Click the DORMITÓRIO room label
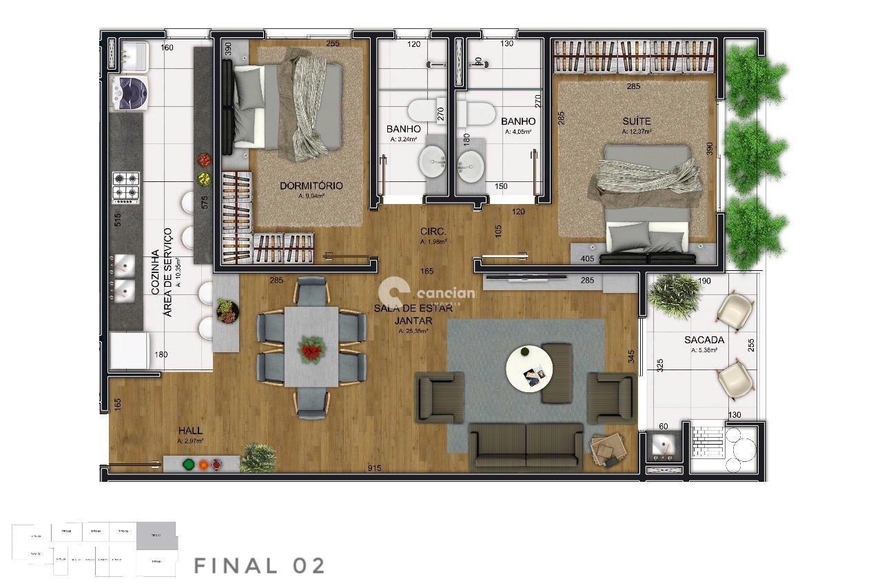pyautogui.click(x=311, y=186)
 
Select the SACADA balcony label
pyautogui.click(x=704, y=340)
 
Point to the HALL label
pyautogui.click(x=189, y=430)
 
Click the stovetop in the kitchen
pyautogui.click(x=126, y=187)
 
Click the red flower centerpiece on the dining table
pyautogui.click(x=311, y=349)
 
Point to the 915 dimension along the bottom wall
pyautogui.click(x=374, y=469)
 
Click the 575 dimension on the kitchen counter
pyautogui.click(x=204, y=202)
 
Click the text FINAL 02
pyautogui.click(x=259, y=566)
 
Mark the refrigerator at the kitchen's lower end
pyautogui.click(x=127, y=351)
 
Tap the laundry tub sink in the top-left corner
pyautogui.click(x=132, y=55)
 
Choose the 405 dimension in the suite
pyautogui.click(x=587, y=259)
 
